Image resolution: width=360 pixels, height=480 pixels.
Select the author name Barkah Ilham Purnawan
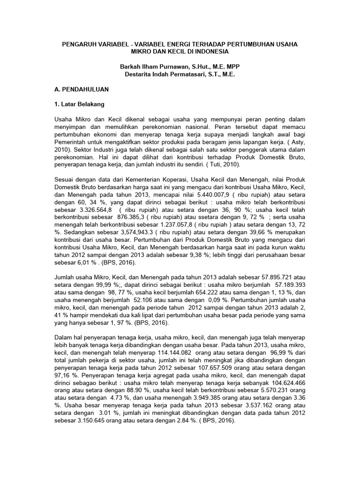pos(156,67)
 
